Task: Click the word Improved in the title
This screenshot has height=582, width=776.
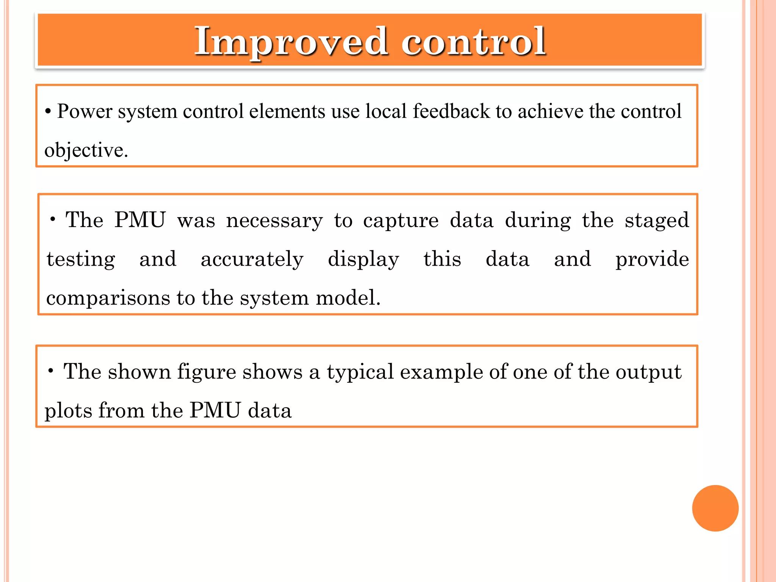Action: [x=291, y=42]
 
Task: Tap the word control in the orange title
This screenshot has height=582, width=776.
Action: [x=474, y=42]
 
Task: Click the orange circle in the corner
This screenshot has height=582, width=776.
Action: [x=715, y=508]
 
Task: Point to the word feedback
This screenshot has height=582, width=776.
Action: [x=451, y=111]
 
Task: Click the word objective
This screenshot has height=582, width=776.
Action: [x=86, y=151]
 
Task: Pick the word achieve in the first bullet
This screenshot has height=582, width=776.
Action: [x=551, y=111]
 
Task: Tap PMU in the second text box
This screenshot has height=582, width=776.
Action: [x=140, y=220]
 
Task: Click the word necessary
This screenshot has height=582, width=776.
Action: [x=274, y=221]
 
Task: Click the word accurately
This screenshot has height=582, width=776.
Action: [x=252, y=260]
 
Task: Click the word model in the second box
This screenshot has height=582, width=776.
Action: [x=347, y=298]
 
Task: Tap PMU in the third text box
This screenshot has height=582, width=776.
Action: [x=215, y=410]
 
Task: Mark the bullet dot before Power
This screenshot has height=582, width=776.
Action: [x=48, y=112]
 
